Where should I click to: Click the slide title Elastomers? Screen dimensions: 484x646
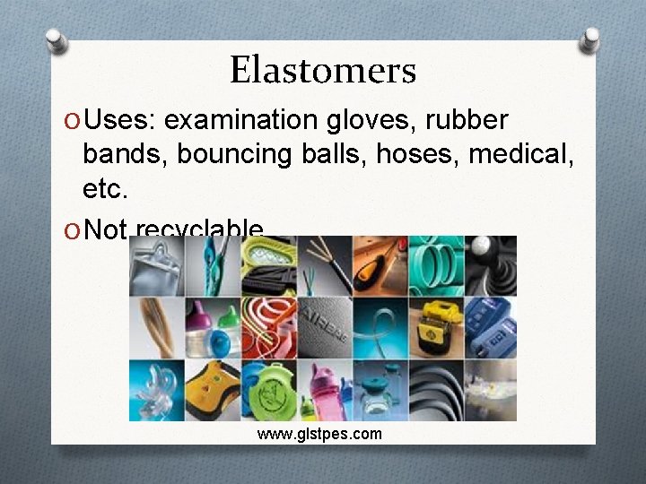[x=323, y=70]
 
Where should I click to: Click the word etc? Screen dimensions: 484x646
[x=106, y=189]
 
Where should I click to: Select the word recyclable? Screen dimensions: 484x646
[x=199, y=229]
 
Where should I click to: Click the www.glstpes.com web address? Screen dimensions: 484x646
[x=319, y=434]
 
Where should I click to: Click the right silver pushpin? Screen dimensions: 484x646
[x=590, y=40]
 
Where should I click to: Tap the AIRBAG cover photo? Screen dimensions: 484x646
[x=323, y=327]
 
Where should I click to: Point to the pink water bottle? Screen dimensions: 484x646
[x=323, y=390]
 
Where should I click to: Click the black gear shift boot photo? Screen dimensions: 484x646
[x=490, y=265]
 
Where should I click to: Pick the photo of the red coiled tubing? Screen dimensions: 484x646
[x=267, y=327]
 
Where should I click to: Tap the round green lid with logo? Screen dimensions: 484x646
[x=267, y=390]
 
